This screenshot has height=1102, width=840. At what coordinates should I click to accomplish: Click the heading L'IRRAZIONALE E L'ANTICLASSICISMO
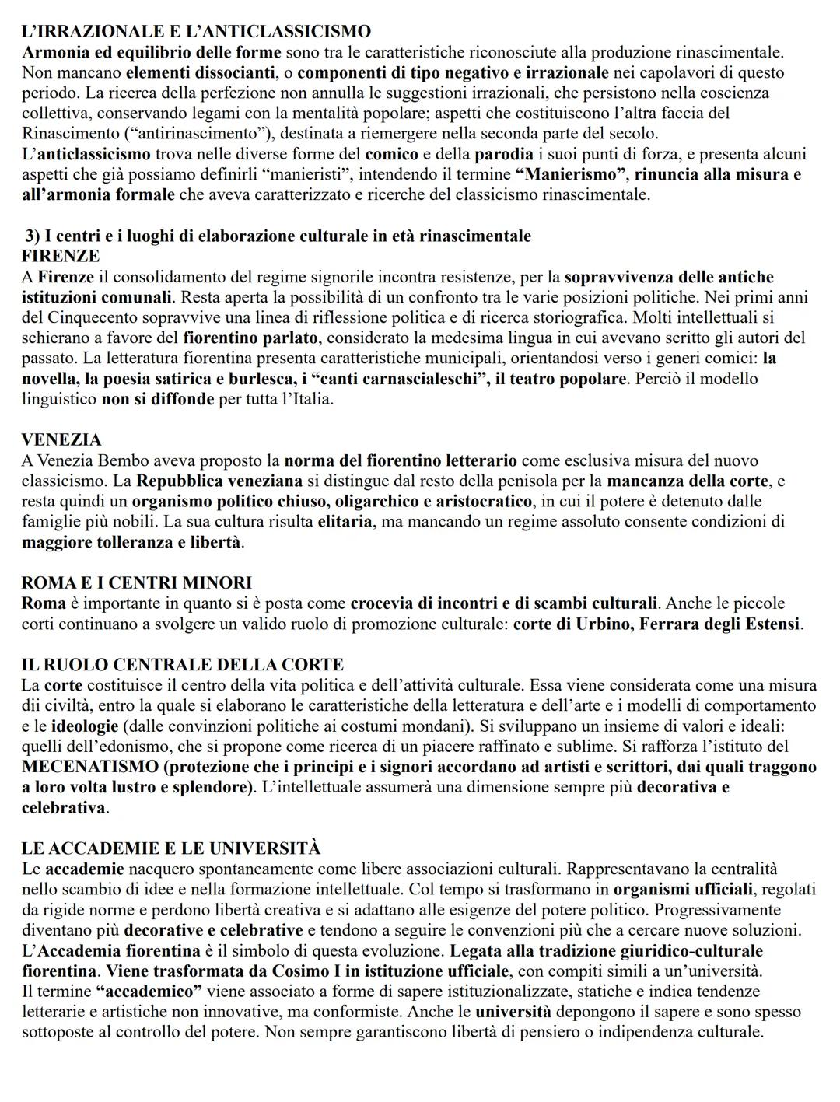click(x=196, y=32)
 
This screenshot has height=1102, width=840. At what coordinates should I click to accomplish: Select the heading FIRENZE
click(x=61, y=256)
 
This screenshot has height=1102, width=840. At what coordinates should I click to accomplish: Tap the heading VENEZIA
click(x=61, y=440)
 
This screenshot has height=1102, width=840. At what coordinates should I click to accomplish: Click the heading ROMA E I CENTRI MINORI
click(x=137, y=582)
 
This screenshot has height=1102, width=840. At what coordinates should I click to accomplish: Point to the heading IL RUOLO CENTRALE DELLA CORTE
click(x=183, y=665)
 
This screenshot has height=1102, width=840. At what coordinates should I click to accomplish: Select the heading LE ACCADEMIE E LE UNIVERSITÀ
click(x=171, y=848)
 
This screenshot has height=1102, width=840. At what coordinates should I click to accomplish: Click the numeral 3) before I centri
click(x=33, y=236)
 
